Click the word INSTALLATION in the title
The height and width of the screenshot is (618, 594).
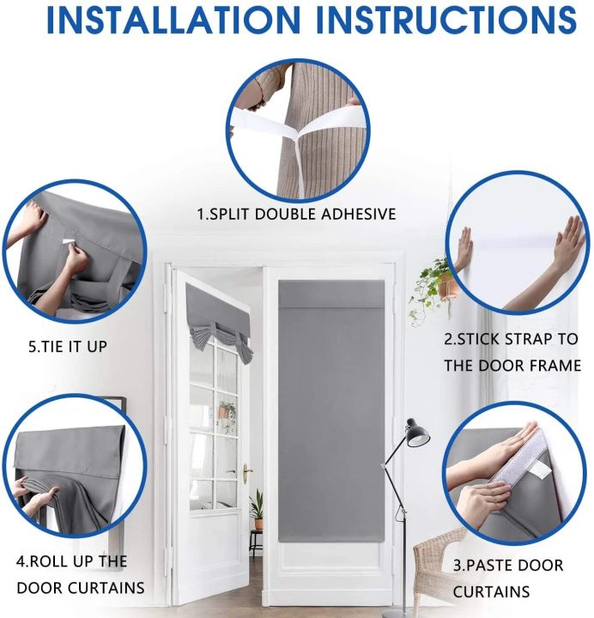(x=173, y=19)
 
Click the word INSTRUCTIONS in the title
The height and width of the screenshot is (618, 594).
(x=446, y=19)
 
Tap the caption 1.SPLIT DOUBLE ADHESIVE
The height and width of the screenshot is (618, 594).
(x=296, y=214)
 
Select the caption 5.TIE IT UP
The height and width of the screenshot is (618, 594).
(x=68, y=347)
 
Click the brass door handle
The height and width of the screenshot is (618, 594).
(x=247, y=470)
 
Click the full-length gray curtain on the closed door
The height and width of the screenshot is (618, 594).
(x=331, y=410)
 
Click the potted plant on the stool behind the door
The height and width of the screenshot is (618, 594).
(x=258, y=509)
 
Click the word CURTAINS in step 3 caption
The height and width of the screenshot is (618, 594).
(x=491, y=592)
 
